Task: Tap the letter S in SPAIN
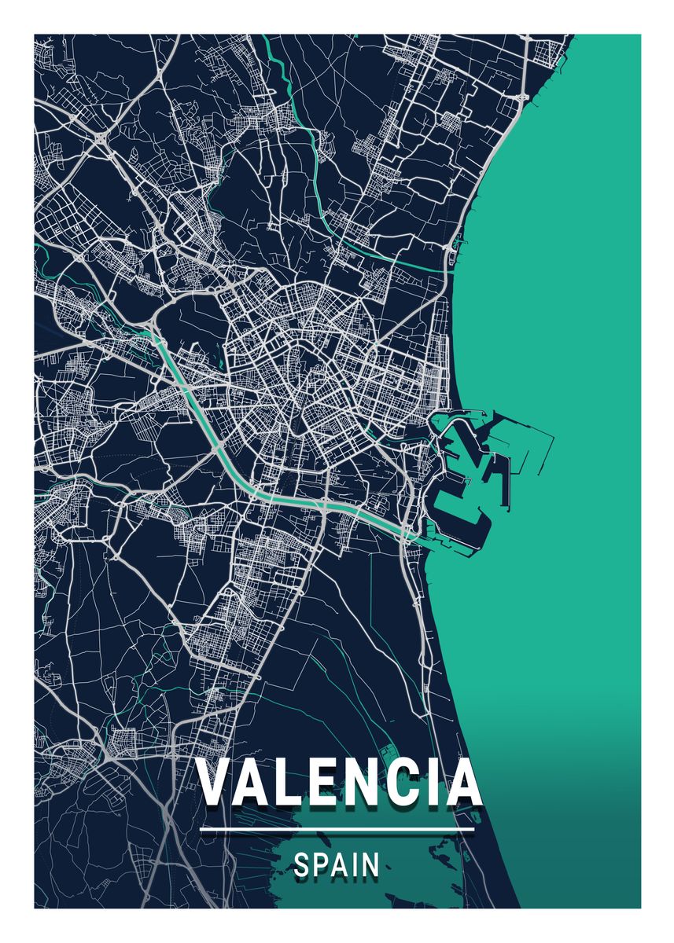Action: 302,866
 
